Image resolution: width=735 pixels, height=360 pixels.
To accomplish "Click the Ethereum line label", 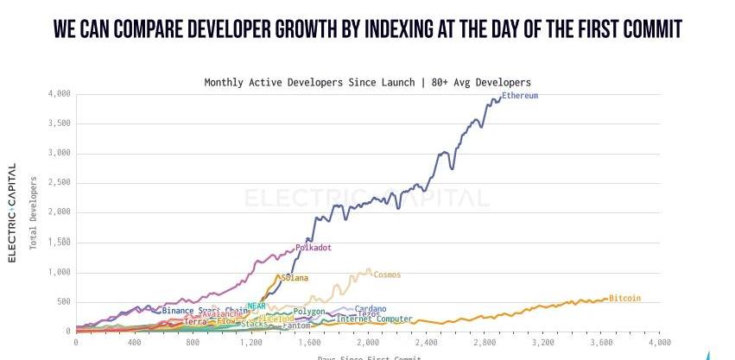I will (520, 96).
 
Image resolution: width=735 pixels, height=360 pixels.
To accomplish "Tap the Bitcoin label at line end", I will (624, 299).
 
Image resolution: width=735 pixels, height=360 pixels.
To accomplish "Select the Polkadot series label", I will (314, 248).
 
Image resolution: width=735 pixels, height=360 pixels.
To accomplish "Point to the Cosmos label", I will (387, 275).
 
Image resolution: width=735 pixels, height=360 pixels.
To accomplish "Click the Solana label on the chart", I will (295, 278).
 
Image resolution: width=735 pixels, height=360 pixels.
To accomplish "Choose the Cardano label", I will (371, 309).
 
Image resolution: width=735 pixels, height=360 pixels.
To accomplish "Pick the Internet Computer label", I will (374, 319).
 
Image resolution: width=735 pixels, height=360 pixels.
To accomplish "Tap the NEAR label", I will (257, 306).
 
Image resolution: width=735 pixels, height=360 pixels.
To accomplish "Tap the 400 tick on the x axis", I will (135, 342).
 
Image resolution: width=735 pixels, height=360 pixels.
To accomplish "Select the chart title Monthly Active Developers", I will (367, 83).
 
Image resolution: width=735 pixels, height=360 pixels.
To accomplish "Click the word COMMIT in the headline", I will (647, 29).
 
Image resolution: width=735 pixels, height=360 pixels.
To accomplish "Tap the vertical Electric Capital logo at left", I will (12, 212).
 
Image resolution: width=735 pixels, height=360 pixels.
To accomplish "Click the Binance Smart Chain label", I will (205, 311).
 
